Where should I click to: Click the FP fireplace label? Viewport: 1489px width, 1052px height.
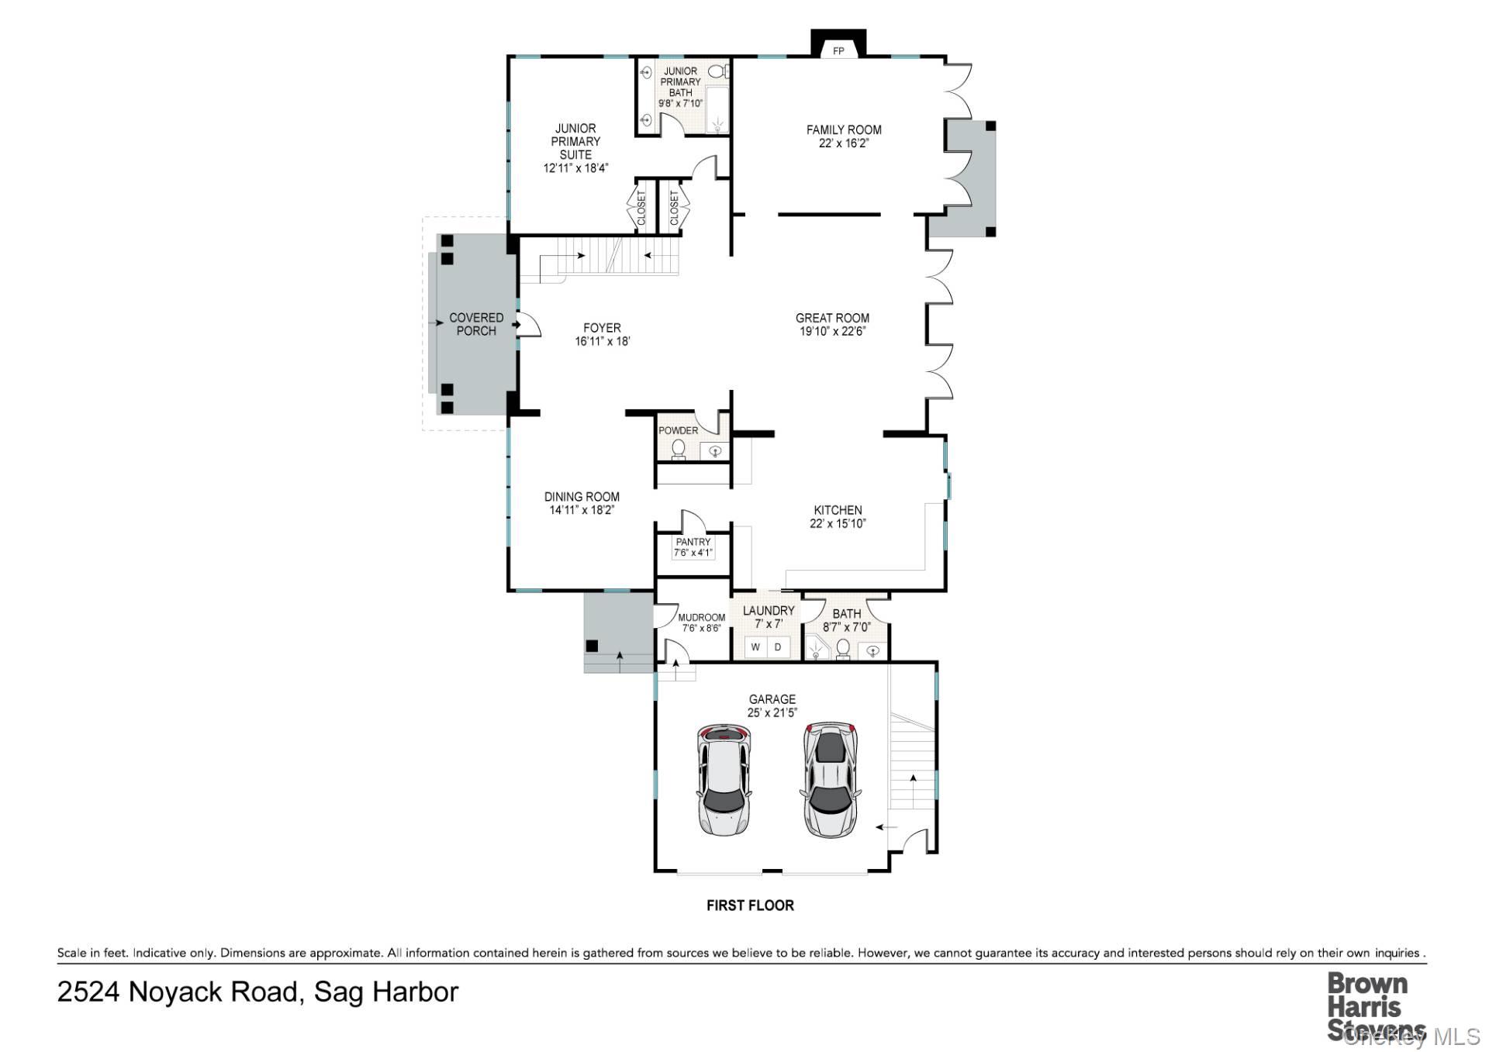(x=838, y=51)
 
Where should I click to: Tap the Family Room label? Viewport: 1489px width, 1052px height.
(x=844, y=129)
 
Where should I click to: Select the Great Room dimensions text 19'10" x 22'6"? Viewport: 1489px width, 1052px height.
(x=832, y=331)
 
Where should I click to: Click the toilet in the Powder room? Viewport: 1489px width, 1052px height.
(x=679, y=449)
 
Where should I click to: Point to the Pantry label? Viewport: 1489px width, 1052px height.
(x=693, y=542)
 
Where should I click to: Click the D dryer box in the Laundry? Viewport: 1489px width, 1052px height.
(x=778, y=647)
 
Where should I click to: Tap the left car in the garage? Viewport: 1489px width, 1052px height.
(x=723, y=780)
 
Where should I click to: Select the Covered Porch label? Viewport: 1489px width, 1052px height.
(x=476, y=324)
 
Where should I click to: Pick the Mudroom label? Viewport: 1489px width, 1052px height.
(x=701, y=618)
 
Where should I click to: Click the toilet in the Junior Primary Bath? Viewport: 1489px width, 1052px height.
(x=718, y=72)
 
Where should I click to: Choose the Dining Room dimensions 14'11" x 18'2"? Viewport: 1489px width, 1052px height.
(x=582, y=510)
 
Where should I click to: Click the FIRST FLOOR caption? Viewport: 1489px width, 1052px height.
(x=750, y=905)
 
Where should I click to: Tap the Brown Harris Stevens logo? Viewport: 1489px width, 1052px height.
(x=1367, y=1006)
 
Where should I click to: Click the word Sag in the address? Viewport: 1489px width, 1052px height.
(x=339, y=992)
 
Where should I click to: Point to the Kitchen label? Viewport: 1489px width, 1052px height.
(x=838, y=510)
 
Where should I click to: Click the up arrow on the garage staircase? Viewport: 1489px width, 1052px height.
(x=913, y=778)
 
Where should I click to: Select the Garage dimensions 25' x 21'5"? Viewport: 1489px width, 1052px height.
(x=772, y=712)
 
